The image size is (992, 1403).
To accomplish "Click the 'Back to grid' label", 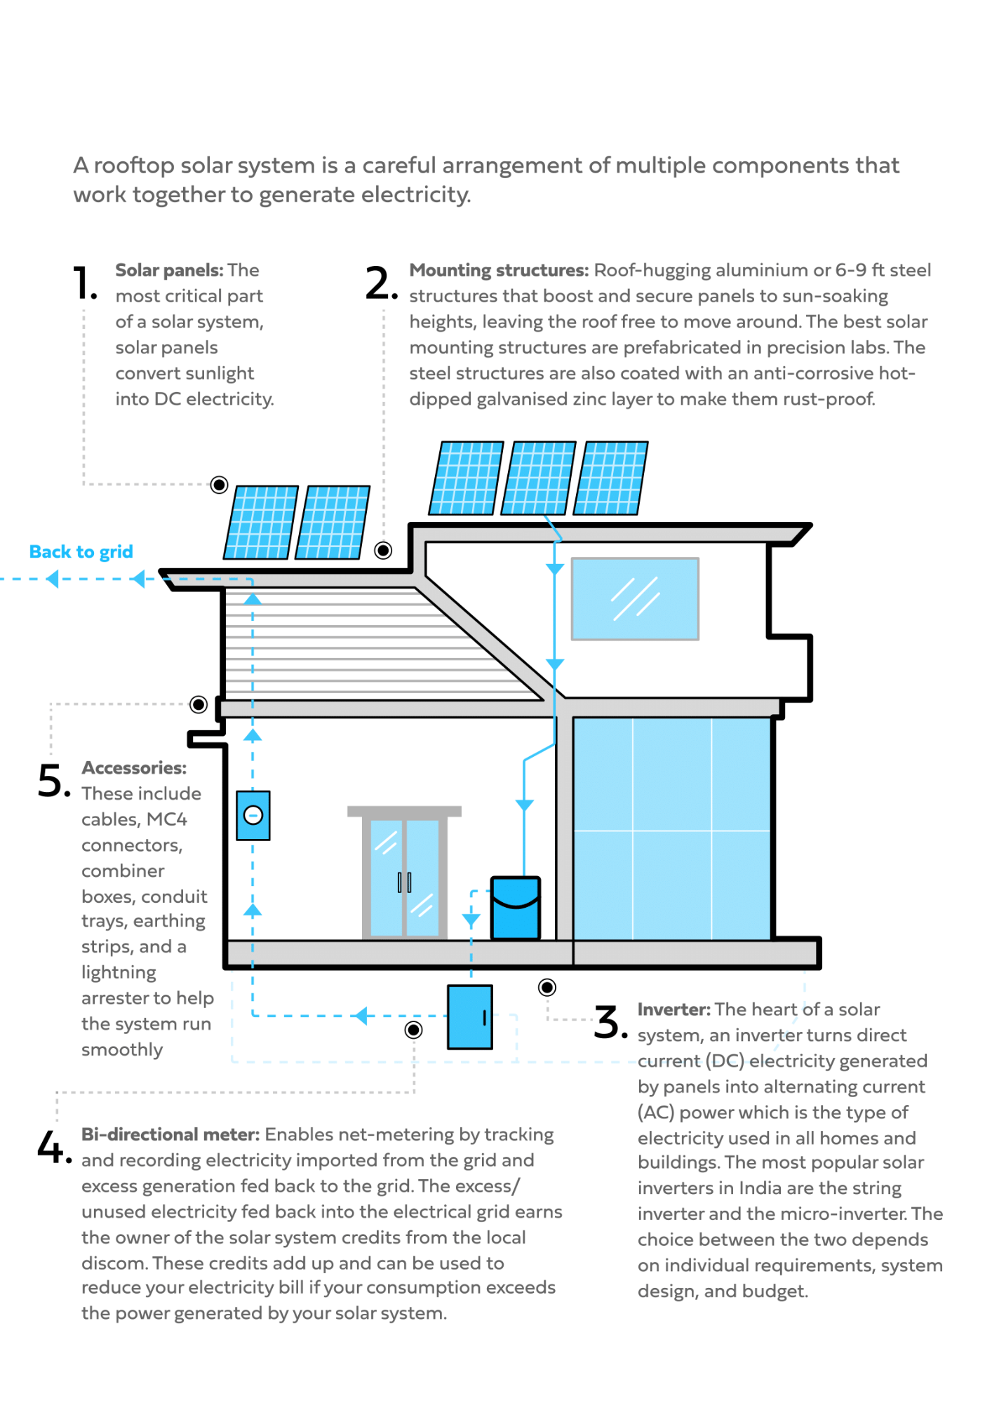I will [81, 552].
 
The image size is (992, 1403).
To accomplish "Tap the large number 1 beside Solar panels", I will [84, 283].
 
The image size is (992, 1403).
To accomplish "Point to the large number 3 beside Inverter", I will [608, 1022].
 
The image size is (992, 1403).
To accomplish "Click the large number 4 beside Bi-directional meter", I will [51, 1147].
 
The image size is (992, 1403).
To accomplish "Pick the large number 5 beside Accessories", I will [53, 781].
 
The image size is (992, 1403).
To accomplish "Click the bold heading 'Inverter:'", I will [673, 1009].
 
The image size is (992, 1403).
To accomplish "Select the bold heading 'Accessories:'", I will [134, 768].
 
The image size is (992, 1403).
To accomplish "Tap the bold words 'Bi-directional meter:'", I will [170, 1134].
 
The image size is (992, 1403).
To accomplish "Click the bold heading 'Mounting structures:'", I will [499, 270].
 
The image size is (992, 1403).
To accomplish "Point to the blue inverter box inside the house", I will [516, 908].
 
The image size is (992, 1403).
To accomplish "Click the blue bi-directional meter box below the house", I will [470, 1016].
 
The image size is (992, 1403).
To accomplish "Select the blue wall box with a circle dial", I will [253, 815].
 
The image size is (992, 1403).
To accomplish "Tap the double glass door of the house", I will [404, 877].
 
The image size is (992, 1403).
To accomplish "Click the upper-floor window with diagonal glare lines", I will [635, 598].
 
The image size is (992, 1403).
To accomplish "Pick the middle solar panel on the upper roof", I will [539, 478].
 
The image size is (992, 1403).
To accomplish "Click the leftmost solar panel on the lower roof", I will [261, 522].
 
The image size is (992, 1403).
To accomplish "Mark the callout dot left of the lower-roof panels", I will [220, 485].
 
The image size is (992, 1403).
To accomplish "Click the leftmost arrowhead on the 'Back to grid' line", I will [51, 579].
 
